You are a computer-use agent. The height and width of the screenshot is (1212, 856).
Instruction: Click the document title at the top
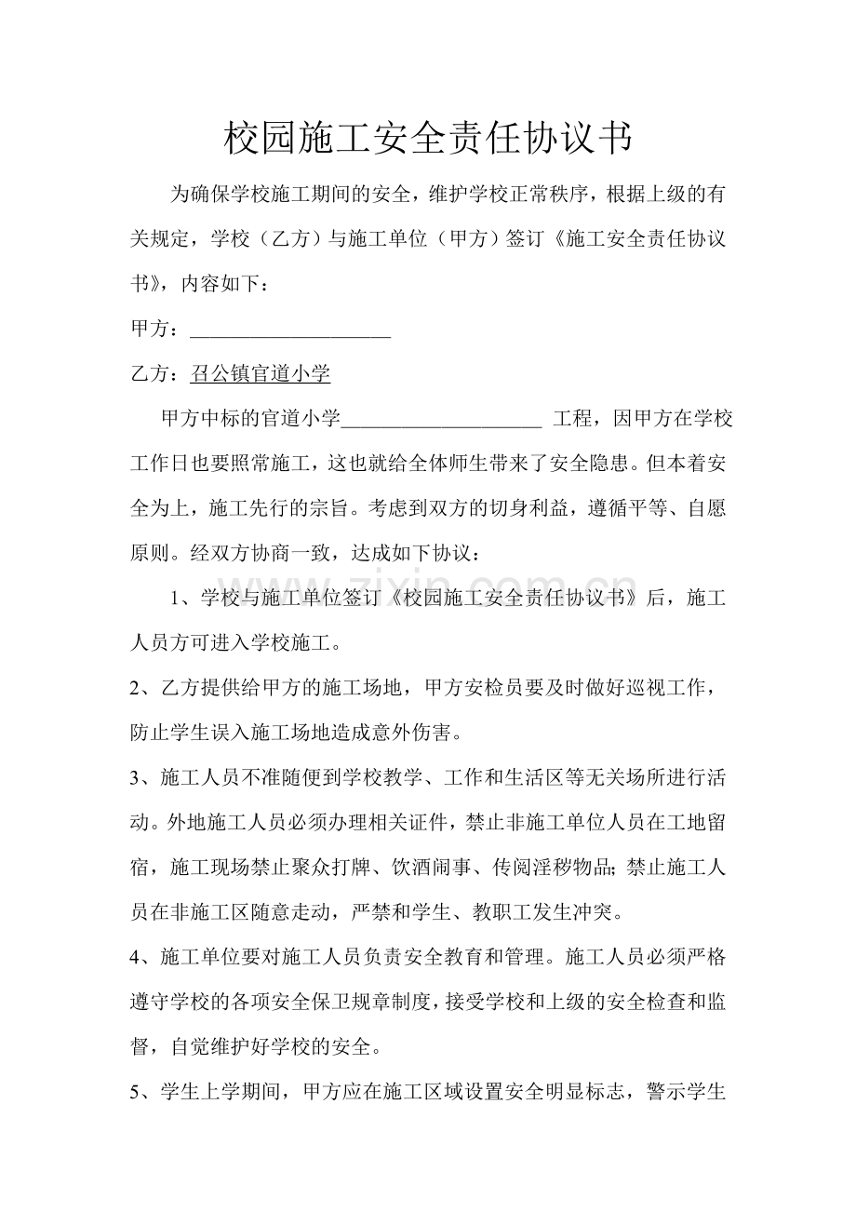pos(427,140)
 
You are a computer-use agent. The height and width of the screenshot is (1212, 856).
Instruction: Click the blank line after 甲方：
pos(289,330)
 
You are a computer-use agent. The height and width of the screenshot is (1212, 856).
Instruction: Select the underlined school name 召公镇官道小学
pos(260,374)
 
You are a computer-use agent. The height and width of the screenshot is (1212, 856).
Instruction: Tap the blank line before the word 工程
pos(442,419)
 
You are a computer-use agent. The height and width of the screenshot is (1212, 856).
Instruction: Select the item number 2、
pos(144,687)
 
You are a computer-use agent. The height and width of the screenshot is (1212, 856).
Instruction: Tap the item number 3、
pos(144,776)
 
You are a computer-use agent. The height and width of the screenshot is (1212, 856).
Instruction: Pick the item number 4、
pos(144,956)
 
